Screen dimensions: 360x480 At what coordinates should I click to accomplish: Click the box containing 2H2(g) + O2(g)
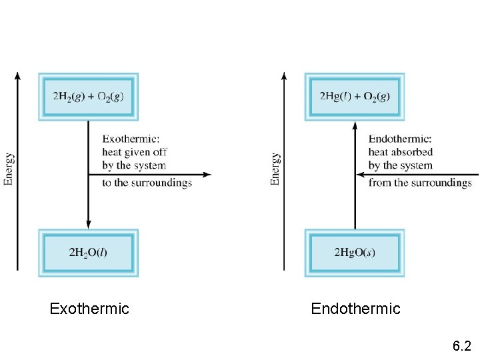click(88, 97)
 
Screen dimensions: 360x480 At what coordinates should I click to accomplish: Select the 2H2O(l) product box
click(88, 253)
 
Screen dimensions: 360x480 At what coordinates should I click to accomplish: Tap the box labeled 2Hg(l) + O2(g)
click(355, 97)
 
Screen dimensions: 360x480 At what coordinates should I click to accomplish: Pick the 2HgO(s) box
click(355, 253)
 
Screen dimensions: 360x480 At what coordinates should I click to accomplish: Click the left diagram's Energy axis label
click(9, 169)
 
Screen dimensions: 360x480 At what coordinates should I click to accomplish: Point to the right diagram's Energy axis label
click(275, 169)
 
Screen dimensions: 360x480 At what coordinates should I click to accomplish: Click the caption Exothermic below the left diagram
click(89, 309)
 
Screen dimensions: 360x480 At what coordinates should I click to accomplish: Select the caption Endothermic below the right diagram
click(355, 309)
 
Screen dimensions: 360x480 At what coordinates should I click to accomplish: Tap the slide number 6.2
click(461, 346)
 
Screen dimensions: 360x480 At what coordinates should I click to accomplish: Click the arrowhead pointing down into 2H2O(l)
click(88, 224)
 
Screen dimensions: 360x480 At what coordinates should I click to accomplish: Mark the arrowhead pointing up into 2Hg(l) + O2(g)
click(355, 125)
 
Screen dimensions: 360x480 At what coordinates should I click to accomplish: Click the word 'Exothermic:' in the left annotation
click(131, 139)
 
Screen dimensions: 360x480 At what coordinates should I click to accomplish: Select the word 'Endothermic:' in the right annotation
click(400, 139)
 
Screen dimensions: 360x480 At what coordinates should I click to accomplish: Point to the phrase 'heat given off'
click(134, 152)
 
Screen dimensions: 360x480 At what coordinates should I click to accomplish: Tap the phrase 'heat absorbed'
click(401, 152)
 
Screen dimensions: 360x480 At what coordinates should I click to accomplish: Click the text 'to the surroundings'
click(147, 183)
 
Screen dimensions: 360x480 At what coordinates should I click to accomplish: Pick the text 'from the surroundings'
click(420, 183)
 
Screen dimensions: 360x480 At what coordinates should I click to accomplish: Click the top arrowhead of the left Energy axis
click(17, 75)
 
